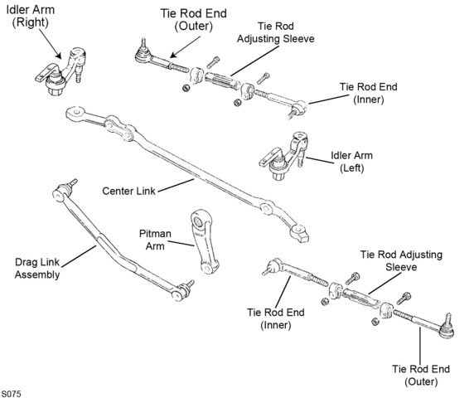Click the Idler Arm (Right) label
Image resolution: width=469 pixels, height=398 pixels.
(x=30, y=16)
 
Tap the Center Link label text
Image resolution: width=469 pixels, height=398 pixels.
(x=129, y=191)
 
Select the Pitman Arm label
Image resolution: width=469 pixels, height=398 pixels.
(x=155, y=240)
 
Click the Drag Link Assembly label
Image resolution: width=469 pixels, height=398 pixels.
(x=37, y=269)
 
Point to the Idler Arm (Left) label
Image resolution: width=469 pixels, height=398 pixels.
(x=351, y=162)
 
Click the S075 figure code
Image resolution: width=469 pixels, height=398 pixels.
(x=12, y=393)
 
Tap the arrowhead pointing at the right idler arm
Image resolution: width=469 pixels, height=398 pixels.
(x=58, y=55)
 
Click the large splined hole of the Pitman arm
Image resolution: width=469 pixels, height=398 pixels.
(x=198, y=222)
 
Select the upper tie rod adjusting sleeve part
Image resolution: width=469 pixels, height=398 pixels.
(x=221, y=80)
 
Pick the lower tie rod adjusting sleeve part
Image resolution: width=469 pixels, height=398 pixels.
(x=360, y=298)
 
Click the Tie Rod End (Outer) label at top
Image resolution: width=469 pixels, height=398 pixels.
(x=194, y=20)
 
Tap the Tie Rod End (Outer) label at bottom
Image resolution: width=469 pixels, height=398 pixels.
(x=421, y=376)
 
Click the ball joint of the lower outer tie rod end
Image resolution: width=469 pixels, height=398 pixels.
(x=447, y=330)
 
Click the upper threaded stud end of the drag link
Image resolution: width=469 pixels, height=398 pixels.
(x=72, y=182)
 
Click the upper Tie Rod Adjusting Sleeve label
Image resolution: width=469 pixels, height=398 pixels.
(x=275, y=32)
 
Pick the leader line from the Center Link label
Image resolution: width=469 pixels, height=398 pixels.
(x=176, y=186)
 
